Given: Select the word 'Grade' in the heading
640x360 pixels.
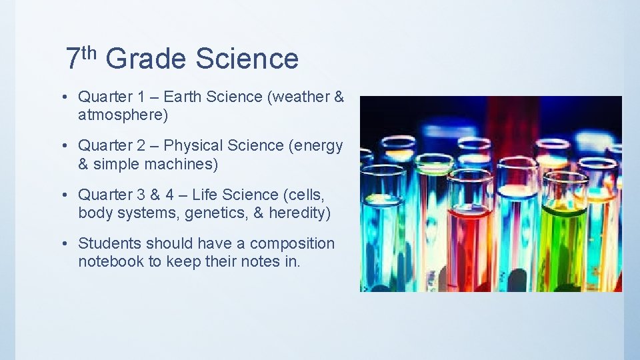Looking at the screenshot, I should (145, 59).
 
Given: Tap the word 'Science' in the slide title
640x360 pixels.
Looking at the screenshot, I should (247, 59).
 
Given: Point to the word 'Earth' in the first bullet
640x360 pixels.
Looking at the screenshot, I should (183, 97).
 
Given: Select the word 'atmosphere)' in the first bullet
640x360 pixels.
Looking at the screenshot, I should (123, 115).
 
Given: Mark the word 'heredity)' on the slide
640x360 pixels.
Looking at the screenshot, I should (300, 213).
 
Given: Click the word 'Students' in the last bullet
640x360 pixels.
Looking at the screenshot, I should (109, 244).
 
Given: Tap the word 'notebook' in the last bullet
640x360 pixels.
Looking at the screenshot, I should (111, 262).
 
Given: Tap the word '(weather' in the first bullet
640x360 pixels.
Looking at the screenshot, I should (297, 97).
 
